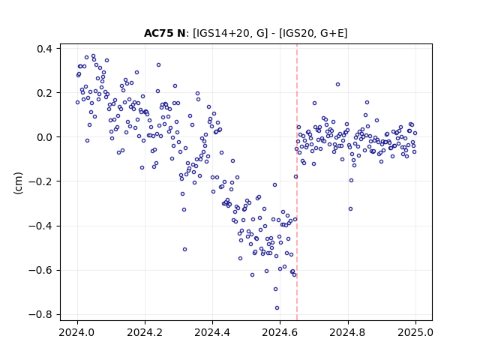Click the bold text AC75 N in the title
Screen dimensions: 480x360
coord(164,33)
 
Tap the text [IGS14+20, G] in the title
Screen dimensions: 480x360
coord(230,33)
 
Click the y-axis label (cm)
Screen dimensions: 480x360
coord(18,183)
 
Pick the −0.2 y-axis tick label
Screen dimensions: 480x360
coord(40,181)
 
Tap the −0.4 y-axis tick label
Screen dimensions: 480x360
coord(40,226)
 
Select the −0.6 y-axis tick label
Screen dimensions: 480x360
coord(40,270)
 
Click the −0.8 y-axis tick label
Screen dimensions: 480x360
coord(40,315)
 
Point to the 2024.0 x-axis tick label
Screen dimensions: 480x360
coord(77,332)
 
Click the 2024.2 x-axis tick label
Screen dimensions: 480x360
coord(145,332)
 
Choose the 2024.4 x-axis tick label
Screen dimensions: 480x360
coord(212,332)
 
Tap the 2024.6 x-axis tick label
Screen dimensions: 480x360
coord(280,332)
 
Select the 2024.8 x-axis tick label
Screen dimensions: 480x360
coord(348,332)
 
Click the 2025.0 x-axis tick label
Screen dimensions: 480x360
coord(415,332)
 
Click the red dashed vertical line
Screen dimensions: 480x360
coord(297,182)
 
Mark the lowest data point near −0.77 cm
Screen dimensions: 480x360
coord(277,308)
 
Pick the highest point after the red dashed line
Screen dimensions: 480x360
coord(338,85)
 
